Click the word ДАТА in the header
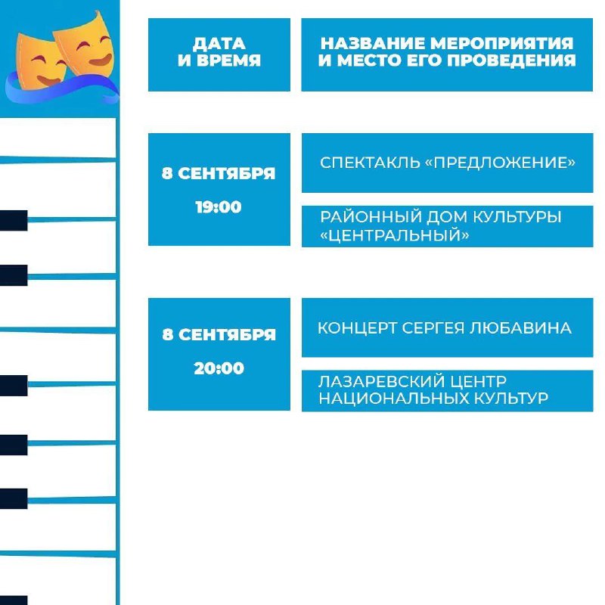[219, 44]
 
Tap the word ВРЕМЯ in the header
[229, 60]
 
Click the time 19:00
[219, 207]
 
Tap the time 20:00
[219, 368]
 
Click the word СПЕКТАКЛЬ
[370, 163]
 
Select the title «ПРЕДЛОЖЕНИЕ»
[500, 163]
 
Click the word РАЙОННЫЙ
[371, 217]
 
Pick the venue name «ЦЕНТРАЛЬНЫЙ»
[395, 234]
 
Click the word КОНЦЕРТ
[357, 328]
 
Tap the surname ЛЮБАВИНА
[520, 328]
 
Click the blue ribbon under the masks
[62, 89]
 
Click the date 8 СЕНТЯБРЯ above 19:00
[219, 174]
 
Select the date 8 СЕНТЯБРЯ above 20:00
[219, 334]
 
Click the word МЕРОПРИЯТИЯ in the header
[501, 43]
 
